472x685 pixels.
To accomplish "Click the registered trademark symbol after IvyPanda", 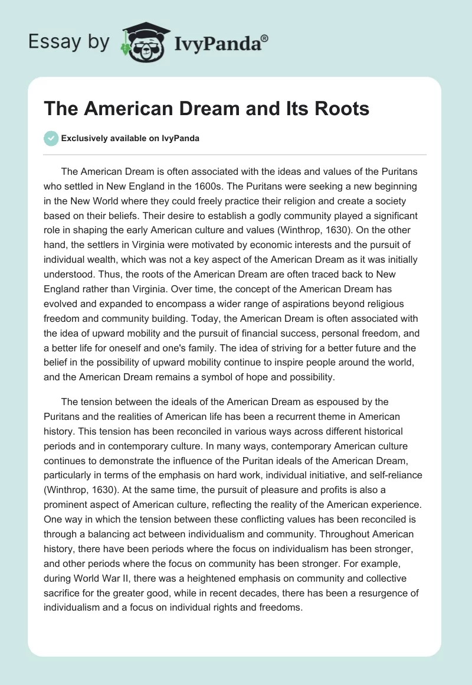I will pyautogui.click(x=265, y=39).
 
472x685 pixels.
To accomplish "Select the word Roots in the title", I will pyautogui.click(x=338, y=109).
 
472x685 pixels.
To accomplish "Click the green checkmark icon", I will pyautogui.click(x=51, y=138).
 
